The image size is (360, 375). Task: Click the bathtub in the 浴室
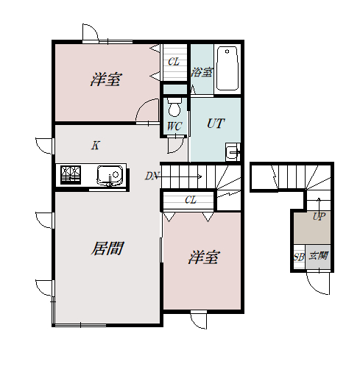tap(227, 68)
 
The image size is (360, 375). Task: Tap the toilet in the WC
tap(174, 107)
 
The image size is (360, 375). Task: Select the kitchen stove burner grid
tap(71, 175)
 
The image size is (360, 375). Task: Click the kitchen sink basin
tap(110, 176)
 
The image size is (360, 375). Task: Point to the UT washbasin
tap(233, 152)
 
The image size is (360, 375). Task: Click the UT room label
tap(216, 124)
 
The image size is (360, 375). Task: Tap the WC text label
tap(174, 126)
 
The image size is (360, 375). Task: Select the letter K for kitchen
tap(96, 146)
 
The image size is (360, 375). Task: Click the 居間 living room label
tap(107, 249)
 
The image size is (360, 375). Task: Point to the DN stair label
tap(152, 176)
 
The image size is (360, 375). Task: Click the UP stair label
tap(319, 216)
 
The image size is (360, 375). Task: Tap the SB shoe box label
tap(299, 257)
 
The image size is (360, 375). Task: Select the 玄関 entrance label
tap(318, 256)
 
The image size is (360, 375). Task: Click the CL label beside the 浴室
tap(174, 62)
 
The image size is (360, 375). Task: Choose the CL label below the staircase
tap(191, 200)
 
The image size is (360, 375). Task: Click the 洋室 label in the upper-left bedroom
tap(105, 79)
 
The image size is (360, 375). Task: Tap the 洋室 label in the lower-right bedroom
tap(203, 257)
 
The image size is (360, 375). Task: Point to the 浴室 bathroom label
tap(202, 72)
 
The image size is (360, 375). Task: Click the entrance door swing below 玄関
tap(318, 282)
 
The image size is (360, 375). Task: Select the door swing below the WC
tap(175, 145)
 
